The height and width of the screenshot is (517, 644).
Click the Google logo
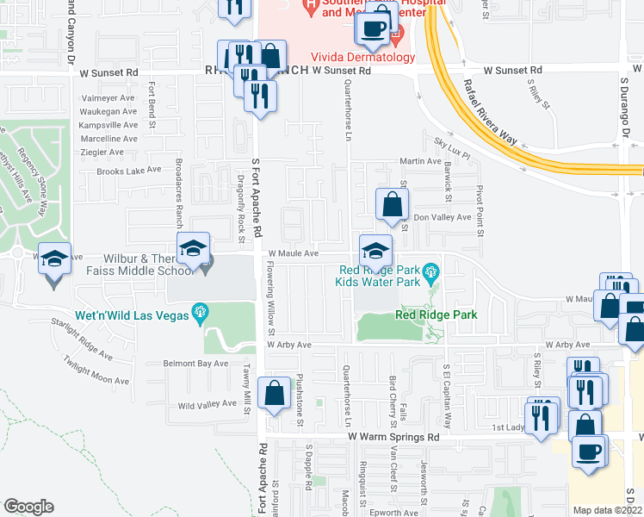[x=29, y=507]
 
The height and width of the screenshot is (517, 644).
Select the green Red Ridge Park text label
[x=436, y=315]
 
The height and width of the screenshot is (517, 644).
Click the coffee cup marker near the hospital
[x=373, y=28]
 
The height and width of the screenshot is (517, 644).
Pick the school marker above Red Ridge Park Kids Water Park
[x=375, y=251]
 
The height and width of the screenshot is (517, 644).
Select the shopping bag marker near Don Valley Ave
[x=392, y=205]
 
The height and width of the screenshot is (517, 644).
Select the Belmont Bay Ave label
[x=195, y=364]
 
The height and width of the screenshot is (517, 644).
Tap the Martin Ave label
[x=420, y=161]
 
